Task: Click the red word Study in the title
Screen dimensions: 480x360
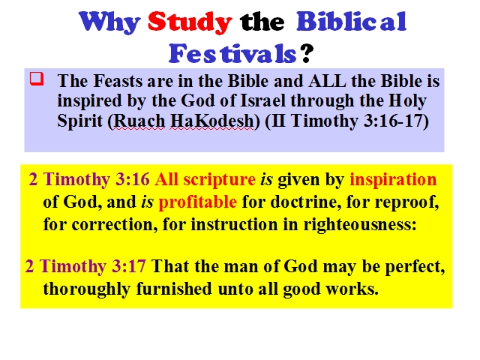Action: point(190,22)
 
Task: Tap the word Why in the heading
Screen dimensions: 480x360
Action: point(110,22)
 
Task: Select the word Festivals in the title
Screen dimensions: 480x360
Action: point(232,53)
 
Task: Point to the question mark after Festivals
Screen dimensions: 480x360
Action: point(307,53)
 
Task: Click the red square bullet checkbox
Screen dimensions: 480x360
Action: point(37,78)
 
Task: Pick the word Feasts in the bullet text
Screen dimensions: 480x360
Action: point(118,81)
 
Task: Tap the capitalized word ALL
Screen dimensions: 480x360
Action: point(327,81)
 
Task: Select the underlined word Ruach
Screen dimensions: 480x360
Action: point(139,121)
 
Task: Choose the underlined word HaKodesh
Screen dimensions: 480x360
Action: point(211,121)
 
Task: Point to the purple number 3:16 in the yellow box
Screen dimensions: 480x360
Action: point(133,179)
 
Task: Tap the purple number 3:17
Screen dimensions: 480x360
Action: point(128,265)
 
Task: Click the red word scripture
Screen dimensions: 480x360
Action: point(220,180)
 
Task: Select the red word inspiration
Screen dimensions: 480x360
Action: point(393,180)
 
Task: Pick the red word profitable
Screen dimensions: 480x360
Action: point(198,202)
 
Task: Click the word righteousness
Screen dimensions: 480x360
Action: point(360,225)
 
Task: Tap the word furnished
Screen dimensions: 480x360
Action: point(174,289)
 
